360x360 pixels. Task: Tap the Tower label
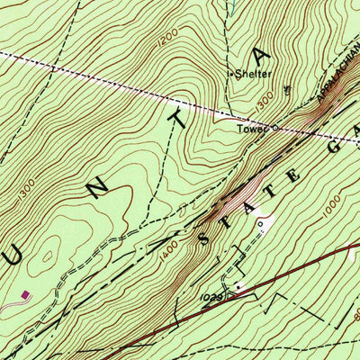(x=253, y=129)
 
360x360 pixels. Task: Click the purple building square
(x=24, y=293)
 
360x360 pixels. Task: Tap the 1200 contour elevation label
(x=166, y=42)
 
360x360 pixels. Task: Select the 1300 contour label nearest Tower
(x=263, y=105)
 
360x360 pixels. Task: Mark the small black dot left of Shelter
(x=231, y=75)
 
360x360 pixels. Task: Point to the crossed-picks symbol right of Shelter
(x=287, y=89)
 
